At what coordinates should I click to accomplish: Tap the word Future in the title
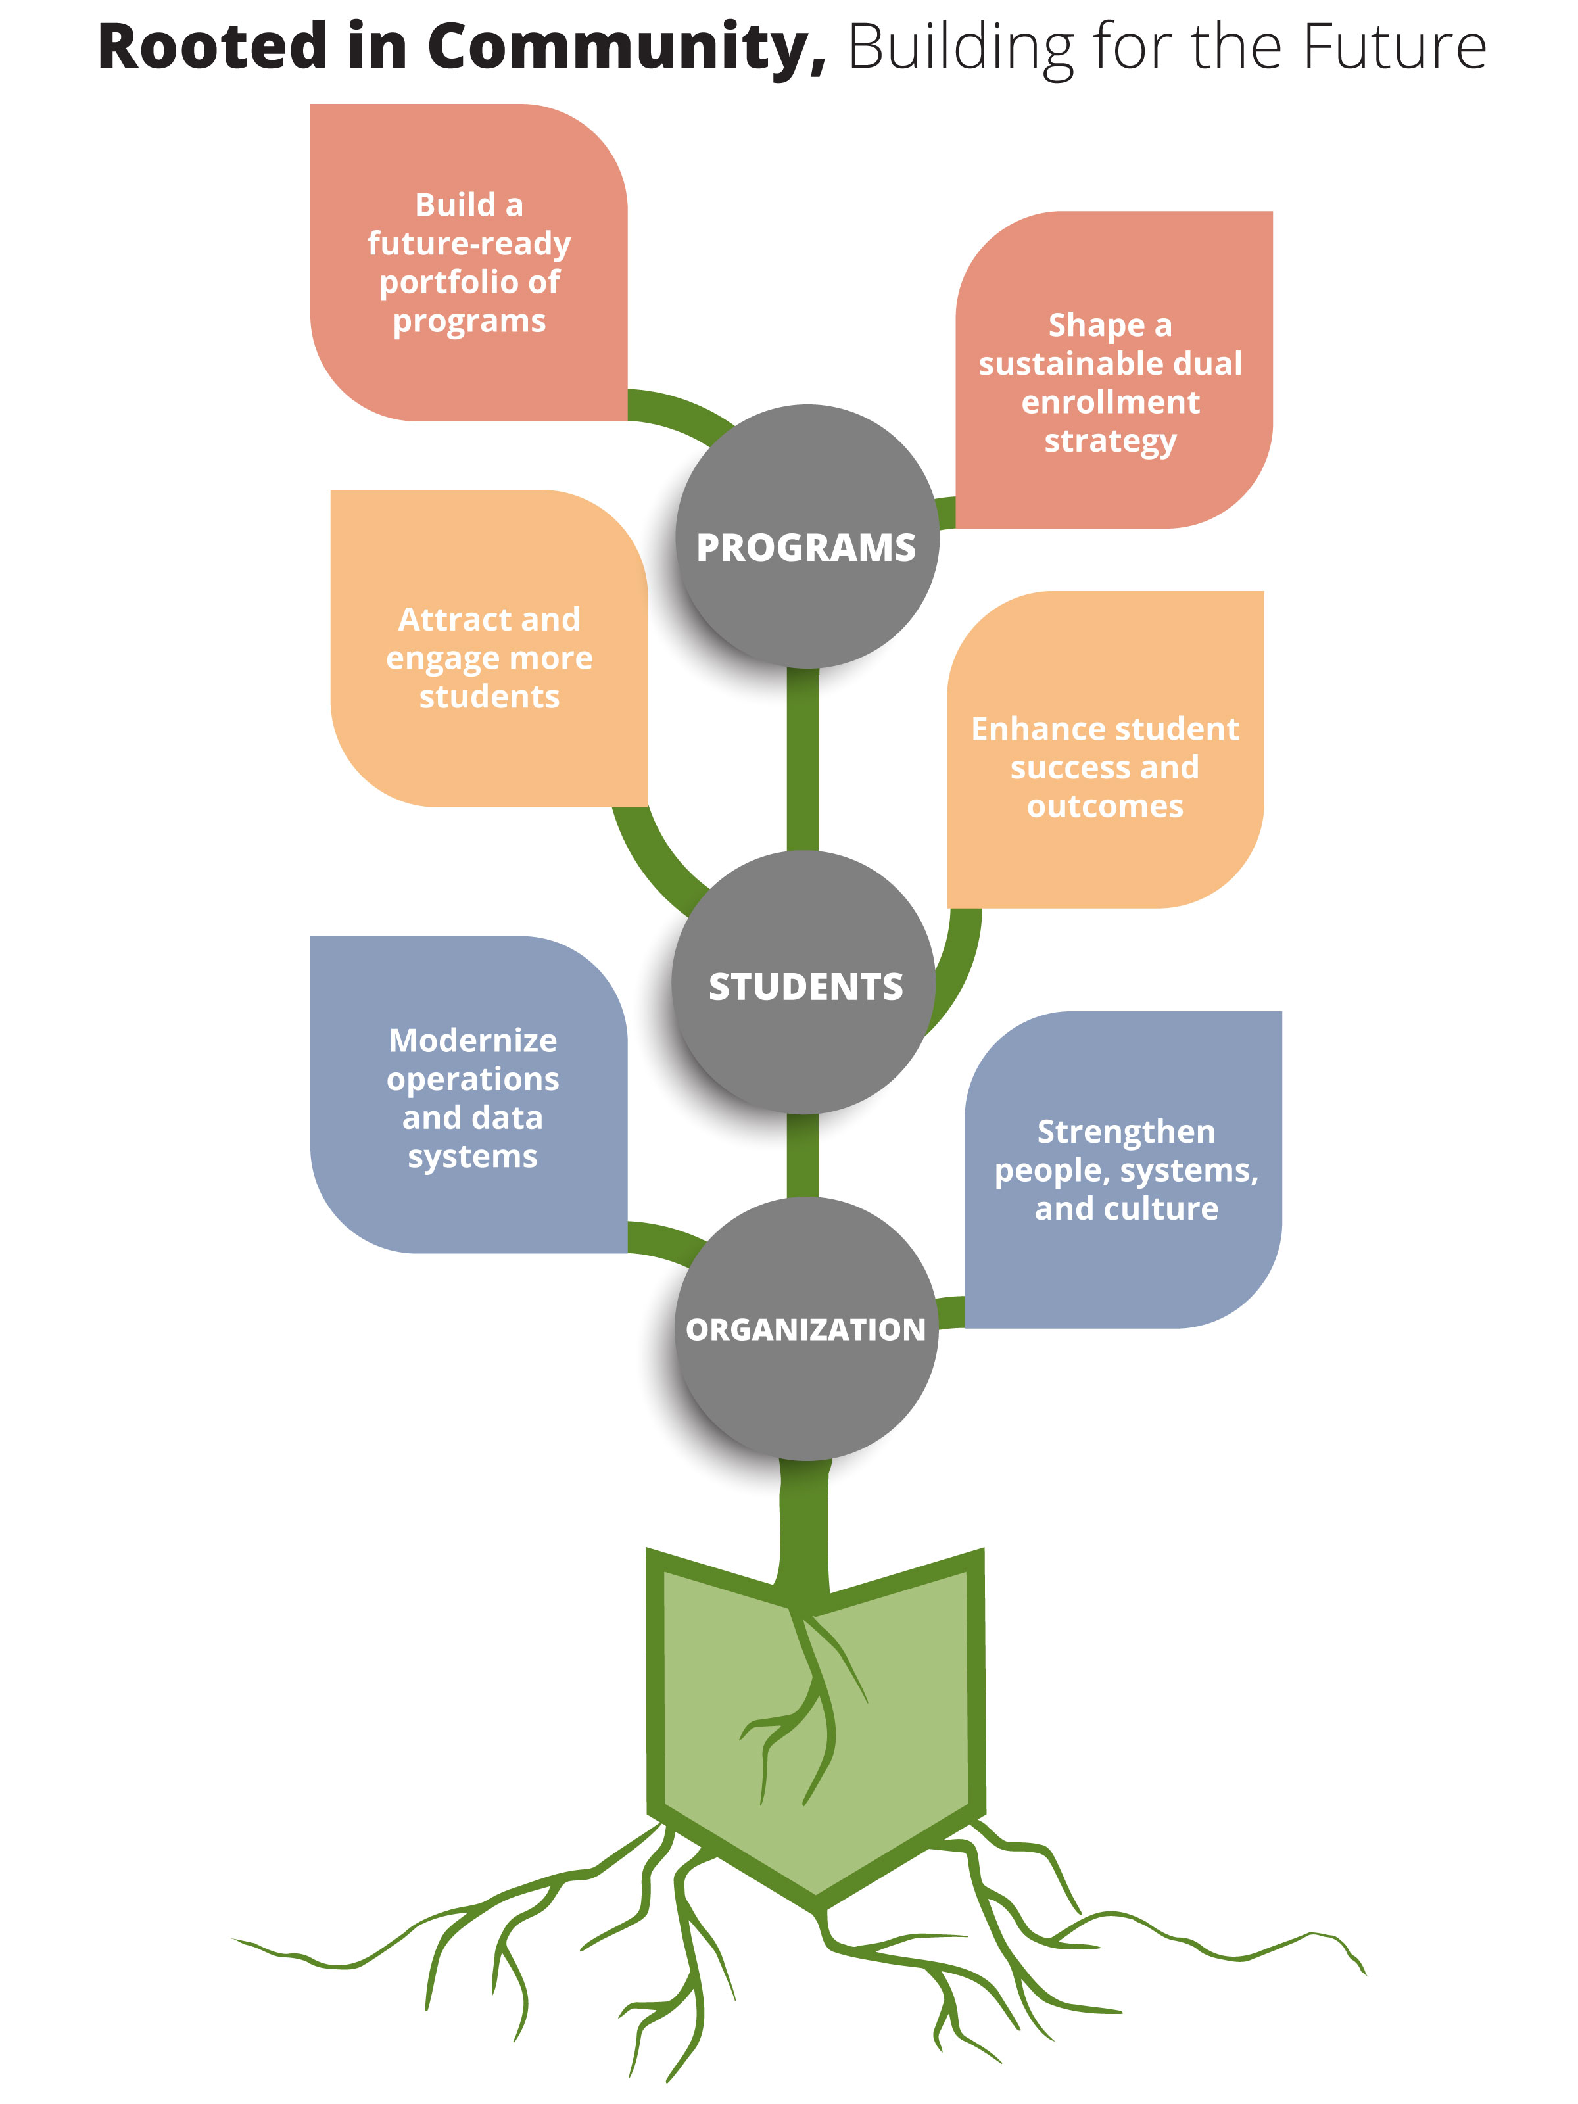(x=1393, y=47)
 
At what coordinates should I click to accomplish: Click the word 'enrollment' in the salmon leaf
(x=1110, y=402)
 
